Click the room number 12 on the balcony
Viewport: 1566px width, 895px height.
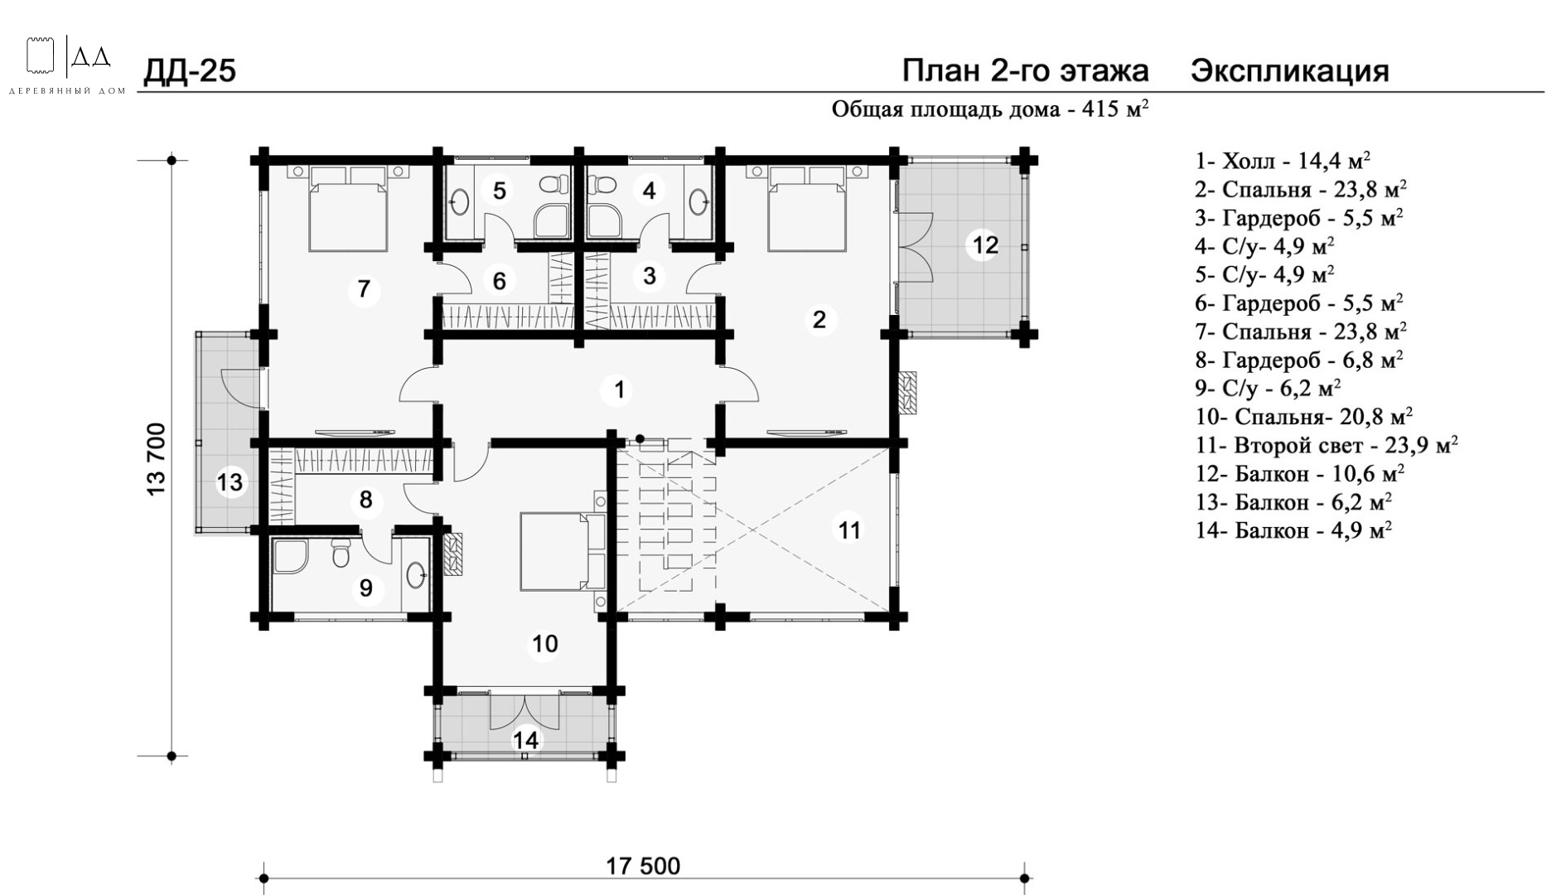coord(985,245)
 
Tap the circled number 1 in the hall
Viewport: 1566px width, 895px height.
coord(618,389)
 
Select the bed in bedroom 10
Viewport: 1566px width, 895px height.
coord(563,551)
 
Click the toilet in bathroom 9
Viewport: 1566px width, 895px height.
coord(341,553)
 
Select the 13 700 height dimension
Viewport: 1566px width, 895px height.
coord(157,459)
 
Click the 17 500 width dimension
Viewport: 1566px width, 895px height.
coord(643,866)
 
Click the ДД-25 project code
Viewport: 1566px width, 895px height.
coord(190,71)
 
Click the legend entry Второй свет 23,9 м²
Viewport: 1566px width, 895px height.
coord(1327,445)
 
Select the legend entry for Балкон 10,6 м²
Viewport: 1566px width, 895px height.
coord(1300,474)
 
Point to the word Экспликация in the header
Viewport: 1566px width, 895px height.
coord(1290,71)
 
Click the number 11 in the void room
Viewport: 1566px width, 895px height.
coord(850,529)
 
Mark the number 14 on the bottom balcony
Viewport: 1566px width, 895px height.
coord(526,739)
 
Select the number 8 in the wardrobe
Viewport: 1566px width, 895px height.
coord(365,500)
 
